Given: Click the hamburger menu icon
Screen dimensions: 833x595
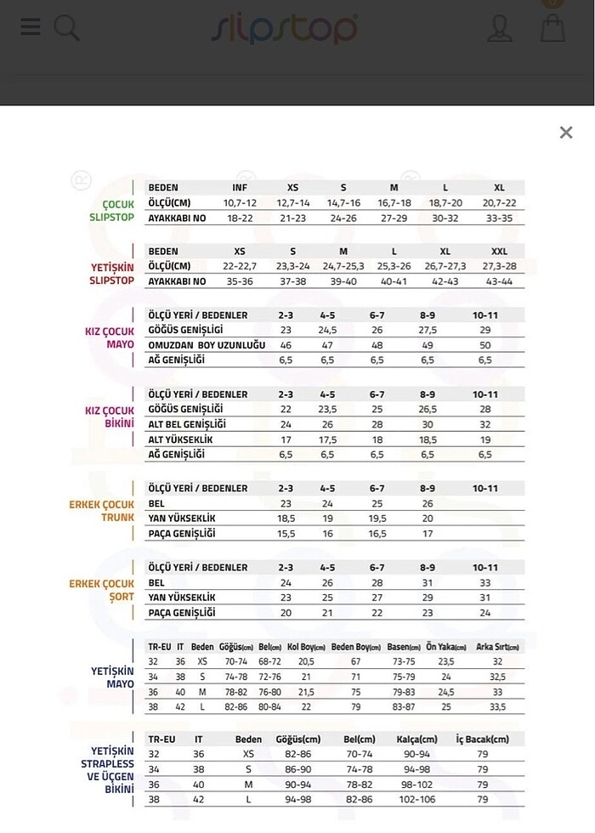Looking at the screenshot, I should [x=31, y=27].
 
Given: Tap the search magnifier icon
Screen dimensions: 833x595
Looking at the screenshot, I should [x=66, y=28].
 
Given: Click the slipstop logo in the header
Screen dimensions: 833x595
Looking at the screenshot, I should [x=285, y=29].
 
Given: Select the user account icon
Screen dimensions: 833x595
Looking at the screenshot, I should [x=499, y=28].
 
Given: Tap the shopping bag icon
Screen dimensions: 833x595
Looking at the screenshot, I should [x=552, y=27].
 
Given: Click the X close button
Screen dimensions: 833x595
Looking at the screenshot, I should [x=566, y=133].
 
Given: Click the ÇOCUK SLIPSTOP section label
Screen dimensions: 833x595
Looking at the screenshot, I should [x=112, y=211].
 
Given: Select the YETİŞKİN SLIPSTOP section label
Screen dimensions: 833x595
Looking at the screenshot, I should [x=112, y=274].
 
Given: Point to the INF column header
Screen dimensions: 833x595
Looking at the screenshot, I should [x=241, y=188].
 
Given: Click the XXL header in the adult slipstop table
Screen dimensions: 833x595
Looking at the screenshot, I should [x=499, y=252].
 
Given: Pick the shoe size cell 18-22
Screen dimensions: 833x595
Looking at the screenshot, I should [x=241, y=218].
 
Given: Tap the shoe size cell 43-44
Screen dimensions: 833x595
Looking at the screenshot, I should [x=499, y=281].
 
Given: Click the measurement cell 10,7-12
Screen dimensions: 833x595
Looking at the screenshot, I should [x=241, y=203].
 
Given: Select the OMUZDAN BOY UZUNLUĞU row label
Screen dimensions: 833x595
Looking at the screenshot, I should [x=207, y=345].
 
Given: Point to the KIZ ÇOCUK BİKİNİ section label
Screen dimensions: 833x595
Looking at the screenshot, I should [x=110, y=416].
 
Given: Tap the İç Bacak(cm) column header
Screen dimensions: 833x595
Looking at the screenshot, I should [x=483, y=739].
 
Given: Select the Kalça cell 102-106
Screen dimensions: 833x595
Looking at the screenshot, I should [x=416, y=800].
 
